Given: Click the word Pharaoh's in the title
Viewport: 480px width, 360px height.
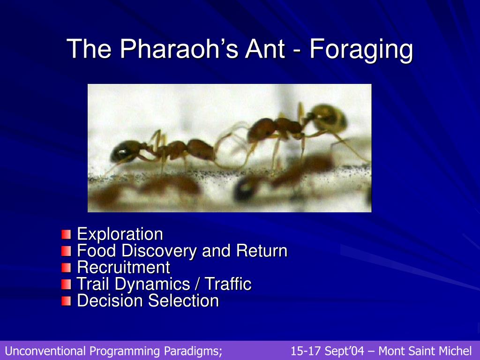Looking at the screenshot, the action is [x=179, y=48].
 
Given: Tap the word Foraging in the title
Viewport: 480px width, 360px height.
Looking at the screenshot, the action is [x=361, y=51].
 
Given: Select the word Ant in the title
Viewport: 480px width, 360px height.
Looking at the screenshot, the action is [x=265, y=48].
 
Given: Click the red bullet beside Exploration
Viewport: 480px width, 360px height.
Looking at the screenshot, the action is [x=66, y=234].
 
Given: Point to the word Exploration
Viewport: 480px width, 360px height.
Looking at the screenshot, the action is [x=120, y=234].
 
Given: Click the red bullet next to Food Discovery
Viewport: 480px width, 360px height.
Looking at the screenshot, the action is [x=66, y=251].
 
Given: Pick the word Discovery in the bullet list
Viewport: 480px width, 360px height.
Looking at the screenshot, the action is [x=159, y=251].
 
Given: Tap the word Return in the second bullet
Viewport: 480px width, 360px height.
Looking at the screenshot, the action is [x=262, y=251].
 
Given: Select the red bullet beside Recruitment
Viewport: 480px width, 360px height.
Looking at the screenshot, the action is [x=66, y=268].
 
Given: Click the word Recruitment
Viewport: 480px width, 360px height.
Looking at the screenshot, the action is [x=123, y=267].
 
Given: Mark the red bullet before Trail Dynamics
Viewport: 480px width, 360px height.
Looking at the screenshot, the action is [x=66, y=285].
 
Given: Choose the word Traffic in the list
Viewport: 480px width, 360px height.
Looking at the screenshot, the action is [x=228, y=284].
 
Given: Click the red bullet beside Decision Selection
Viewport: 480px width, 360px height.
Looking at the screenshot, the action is [x=66, y=301].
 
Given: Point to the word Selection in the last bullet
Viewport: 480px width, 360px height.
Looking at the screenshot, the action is [x=184, y=300].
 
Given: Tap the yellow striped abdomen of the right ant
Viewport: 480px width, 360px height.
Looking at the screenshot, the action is [x=330, y=118].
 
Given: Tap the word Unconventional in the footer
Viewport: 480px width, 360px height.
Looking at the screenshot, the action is [x=45, y=351].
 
